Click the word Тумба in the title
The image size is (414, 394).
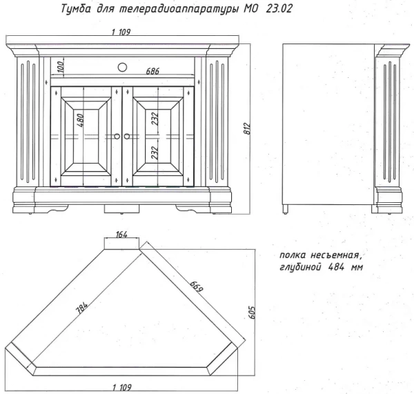[76, 9]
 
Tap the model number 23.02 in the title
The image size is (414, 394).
[279, 9]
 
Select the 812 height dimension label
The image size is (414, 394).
[247, 128]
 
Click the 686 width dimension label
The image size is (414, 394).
[152, 71]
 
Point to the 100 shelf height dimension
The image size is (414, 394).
[60, 67]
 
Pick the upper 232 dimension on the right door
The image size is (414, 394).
[155, 119]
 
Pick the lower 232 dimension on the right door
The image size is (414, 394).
[155, 153]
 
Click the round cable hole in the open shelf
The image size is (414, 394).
[122, 68]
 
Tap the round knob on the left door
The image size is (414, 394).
[117, 136]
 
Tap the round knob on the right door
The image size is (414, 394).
[127, 136]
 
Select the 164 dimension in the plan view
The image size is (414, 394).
[121, 234]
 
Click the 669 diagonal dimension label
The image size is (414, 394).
[197, 286]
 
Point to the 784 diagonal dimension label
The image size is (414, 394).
[82, 307]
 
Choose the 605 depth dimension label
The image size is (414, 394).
[252, 313]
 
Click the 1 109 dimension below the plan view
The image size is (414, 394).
[121, 388]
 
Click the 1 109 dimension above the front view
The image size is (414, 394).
[121, 32]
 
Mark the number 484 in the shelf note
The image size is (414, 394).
[336, 267]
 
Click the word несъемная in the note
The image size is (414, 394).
[335, 255]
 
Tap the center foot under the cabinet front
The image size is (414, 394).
[121, 208]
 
